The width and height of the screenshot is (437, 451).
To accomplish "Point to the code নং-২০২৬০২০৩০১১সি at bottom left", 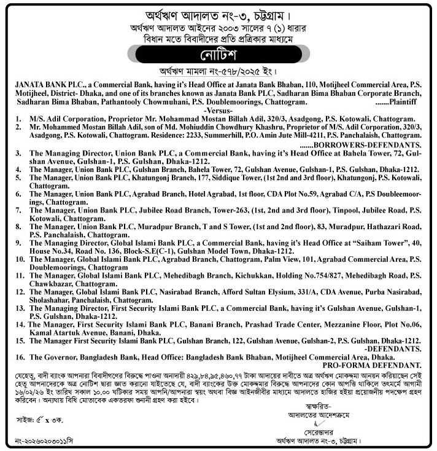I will (x=45, y=441).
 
